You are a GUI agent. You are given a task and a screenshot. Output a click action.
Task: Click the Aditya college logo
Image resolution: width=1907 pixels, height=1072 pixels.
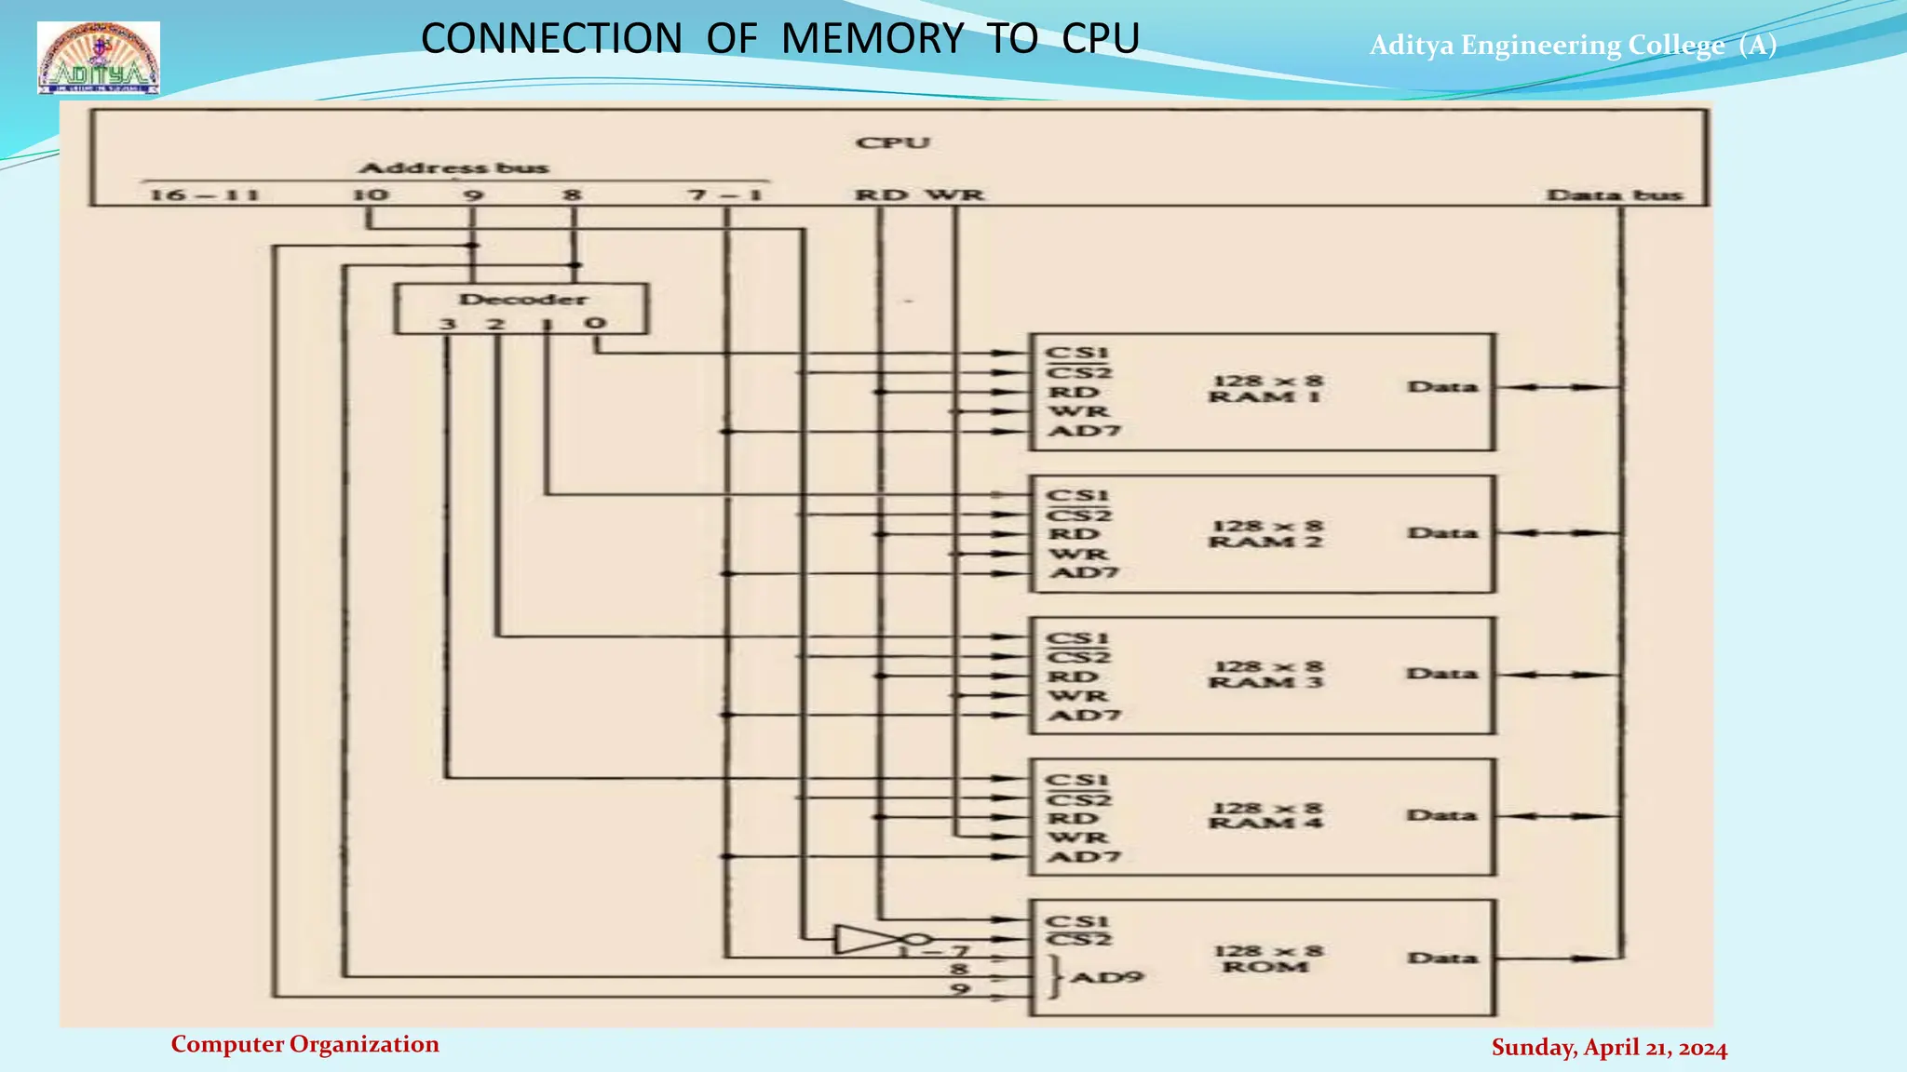(x=99, y=59)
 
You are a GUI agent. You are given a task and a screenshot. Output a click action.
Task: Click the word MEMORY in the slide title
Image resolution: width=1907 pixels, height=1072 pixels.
(x=872, y=39)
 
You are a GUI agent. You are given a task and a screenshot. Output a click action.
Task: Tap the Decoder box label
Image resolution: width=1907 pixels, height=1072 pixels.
(x=522, y=300)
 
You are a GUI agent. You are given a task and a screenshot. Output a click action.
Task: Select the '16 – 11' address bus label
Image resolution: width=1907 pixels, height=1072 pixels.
(x=204, y=195)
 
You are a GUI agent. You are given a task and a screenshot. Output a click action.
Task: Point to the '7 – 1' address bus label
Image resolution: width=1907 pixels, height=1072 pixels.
(x=724, y=195)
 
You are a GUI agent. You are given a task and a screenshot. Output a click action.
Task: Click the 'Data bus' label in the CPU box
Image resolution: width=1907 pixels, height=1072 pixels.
(x=1615, y=195)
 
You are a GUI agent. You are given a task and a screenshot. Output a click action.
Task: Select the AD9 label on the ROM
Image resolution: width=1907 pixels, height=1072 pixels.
(x=1106, y=978)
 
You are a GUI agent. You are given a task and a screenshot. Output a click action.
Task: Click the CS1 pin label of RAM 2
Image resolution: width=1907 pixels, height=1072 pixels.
(x=1077, y=496)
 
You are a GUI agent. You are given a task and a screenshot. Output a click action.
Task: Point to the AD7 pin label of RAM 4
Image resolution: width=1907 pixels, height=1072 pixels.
(x=1084, y=856)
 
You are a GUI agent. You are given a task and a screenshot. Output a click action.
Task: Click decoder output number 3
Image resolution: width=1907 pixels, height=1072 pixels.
(x=448, y=325)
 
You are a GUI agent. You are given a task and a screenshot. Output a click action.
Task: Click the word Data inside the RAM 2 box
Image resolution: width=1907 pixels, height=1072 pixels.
(x=1441, y=533)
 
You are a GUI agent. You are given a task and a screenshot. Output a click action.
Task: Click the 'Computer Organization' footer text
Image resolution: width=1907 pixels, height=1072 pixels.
(x=304, y=1044)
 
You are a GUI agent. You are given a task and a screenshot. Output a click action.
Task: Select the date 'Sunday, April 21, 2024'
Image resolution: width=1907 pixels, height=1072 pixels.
(x=1609, y=1048)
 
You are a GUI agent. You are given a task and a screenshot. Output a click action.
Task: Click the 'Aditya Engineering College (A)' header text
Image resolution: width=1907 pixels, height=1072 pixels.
(x=1573, y=45)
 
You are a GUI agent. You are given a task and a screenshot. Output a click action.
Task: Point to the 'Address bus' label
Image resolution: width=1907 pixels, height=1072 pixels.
(x=453, y=168)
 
